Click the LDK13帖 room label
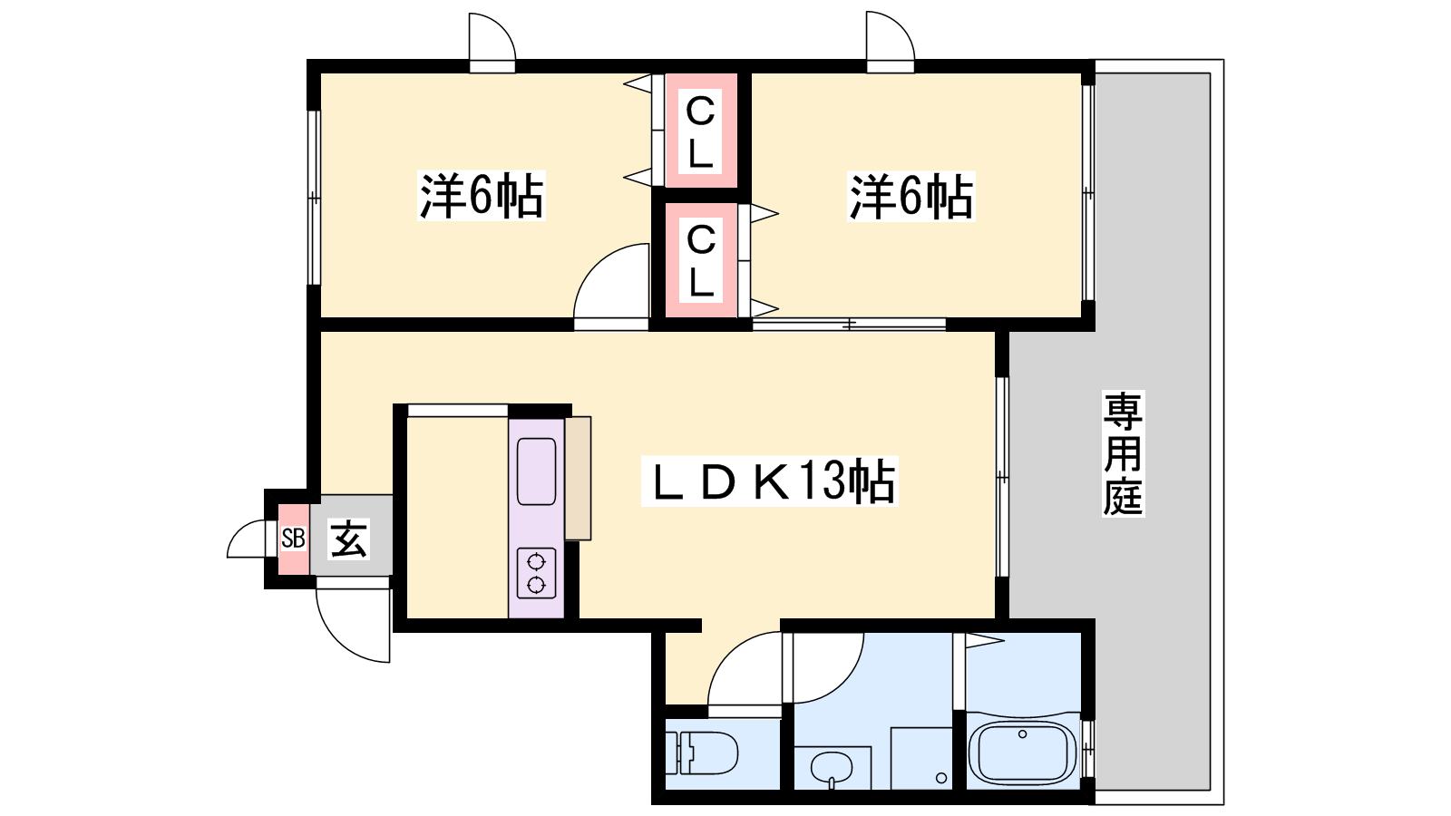click(x=769, y=481)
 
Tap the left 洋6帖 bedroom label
click(x=481, y=196)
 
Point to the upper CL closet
click(x=701, y=131)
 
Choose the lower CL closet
click(x=701, y=260)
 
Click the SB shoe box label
click(x=294, y=538)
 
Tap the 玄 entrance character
click(x=349, y=539)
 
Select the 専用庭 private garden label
click(x=1124, y=453)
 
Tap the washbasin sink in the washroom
click(x=832, y=769)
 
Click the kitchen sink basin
click(x=536, y=471)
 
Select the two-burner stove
click(x=536, y=573)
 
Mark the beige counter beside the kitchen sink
click(x=578, y=478)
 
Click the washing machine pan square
click(x=921, y=758)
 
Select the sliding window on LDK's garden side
click(x=1002, y=477)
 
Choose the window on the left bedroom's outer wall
click(x=314, y=198)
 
